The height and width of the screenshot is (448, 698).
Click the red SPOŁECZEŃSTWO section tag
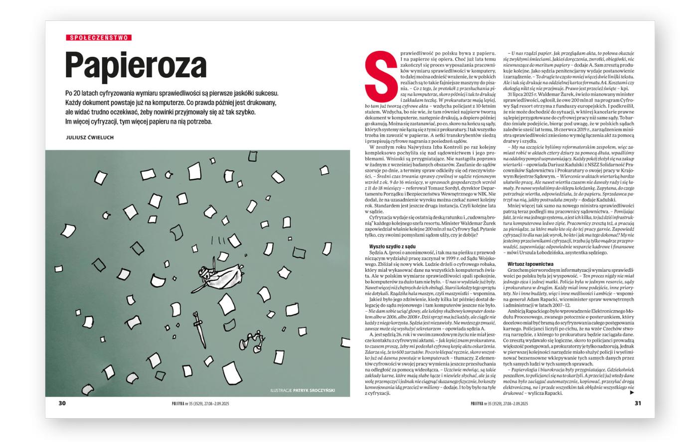pos(99,37)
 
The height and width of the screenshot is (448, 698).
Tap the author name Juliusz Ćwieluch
pos(90,137)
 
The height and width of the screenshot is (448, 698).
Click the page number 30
pos(62,404)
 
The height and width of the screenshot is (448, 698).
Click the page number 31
pos(638,404)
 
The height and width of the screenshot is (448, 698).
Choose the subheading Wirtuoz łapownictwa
pos(530,263)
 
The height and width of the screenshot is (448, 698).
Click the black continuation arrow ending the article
pos(632,392)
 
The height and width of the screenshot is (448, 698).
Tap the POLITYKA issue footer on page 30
pos(200,404)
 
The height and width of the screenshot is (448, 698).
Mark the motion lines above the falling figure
pos(218,241)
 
